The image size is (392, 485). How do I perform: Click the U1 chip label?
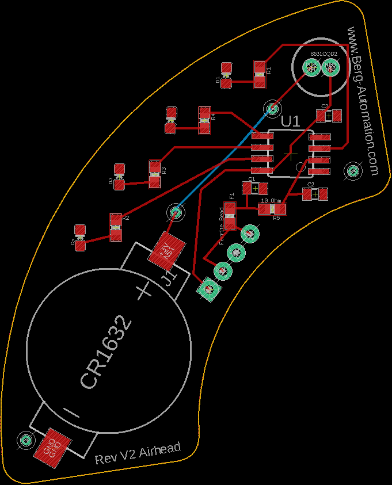(291, 121)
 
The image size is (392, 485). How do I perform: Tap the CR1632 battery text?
(107, 351)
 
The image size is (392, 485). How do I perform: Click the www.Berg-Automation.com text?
(363, 101)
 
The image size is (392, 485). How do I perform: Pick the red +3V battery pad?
(168, 250)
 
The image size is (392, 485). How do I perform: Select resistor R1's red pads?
(260, 74)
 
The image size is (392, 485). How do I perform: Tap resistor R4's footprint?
(204, 120)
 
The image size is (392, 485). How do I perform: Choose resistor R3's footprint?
(154, 174)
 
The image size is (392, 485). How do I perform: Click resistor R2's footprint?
(116, 227)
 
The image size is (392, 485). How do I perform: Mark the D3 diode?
(120, 176)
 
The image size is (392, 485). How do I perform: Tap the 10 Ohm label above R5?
(271, 201)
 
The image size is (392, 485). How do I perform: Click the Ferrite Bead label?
(222, 226)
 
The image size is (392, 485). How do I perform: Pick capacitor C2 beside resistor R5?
(315, 194)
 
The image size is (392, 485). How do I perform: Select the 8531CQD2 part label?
(324, 54)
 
